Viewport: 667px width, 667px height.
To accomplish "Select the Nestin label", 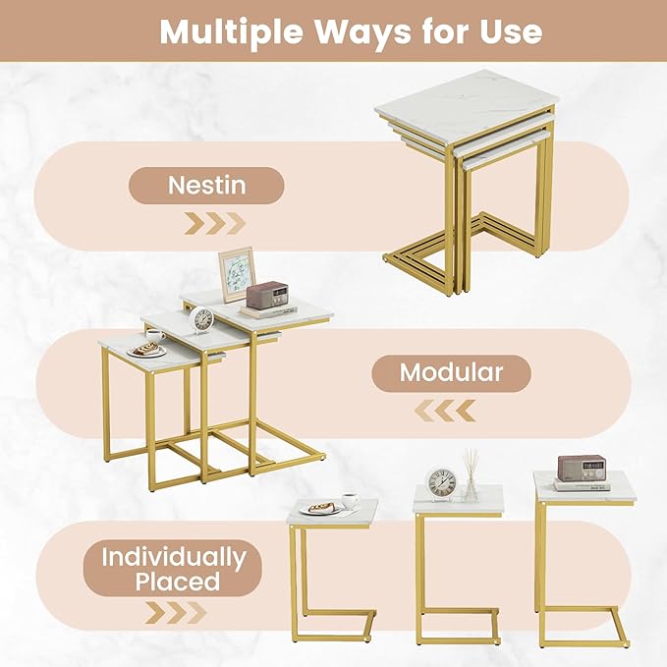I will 206,185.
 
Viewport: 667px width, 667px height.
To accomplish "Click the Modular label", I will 451,373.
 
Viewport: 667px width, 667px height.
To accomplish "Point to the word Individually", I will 173,556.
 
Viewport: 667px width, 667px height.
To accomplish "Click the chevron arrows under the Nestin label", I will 214,223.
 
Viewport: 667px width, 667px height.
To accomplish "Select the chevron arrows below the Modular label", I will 445,410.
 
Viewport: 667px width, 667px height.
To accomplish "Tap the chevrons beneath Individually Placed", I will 176,613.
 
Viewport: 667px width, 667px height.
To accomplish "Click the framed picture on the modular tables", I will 236,274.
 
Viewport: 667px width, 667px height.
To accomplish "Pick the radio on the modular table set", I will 265,296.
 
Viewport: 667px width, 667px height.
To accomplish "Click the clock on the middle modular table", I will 202,319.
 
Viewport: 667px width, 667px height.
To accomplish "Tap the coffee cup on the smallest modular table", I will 155,335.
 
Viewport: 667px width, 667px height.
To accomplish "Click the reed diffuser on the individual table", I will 471,477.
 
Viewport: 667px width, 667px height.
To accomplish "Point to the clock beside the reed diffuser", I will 440,483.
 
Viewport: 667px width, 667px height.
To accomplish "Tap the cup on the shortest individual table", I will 350,501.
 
